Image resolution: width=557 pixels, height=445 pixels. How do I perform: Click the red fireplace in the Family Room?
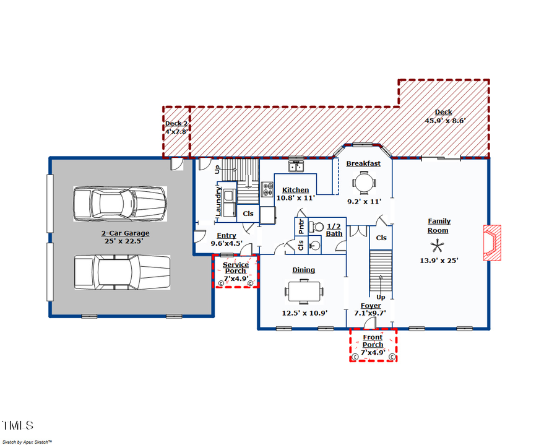[492, 243]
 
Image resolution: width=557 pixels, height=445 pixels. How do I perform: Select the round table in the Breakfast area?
[363, 183]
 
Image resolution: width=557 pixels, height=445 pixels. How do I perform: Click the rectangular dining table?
[304, 291]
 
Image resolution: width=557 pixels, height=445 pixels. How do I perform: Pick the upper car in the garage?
[119, 204]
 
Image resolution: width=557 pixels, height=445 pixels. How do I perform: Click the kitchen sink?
[296, 166]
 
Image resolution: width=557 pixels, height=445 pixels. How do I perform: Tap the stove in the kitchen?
[268, 189]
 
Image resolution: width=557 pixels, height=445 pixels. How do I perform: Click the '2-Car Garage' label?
[126, 233]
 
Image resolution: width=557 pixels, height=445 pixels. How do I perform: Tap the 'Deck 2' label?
[176, 123]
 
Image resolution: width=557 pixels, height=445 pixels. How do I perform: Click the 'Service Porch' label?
[236, 268]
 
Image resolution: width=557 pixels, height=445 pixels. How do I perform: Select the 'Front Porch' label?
[373, 341]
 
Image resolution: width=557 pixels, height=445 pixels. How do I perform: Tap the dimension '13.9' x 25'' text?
[439, 261]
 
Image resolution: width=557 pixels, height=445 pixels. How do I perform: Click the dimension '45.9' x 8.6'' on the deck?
[444, 121]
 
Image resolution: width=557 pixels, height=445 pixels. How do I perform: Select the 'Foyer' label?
[371, 306]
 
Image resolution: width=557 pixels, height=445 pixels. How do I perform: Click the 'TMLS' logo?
[17, 426]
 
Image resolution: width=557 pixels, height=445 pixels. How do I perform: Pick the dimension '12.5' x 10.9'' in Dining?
[304, 313]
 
